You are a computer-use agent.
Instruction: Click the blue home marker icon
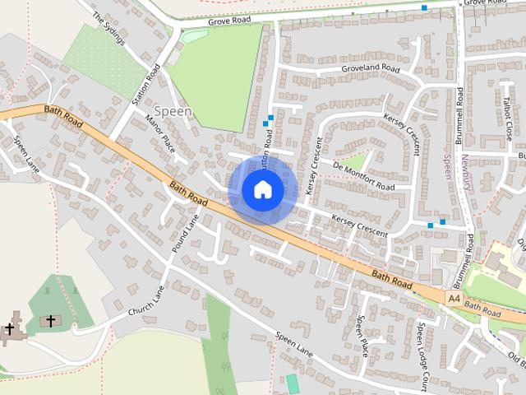(262, 189)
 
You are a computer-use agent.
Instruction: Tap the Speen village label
(173, 111)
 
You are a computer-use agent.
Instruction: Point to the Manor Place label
(160, 132)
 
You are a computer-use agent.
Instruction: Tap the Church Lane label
(148, 304)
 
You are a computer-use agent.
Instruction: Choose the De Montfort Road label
(363, 175)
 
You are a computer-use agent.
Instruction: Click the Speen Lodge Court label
(422, 346)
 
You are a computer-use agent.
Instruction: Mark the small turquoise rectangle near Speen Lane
(292, 383)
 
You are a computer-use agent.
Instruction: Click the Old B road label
(517, 360)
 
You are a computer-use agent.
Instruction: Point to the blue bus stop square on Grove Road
(424, 7)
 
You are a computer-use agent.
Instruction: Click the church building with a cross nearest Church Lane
(49, 320)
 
